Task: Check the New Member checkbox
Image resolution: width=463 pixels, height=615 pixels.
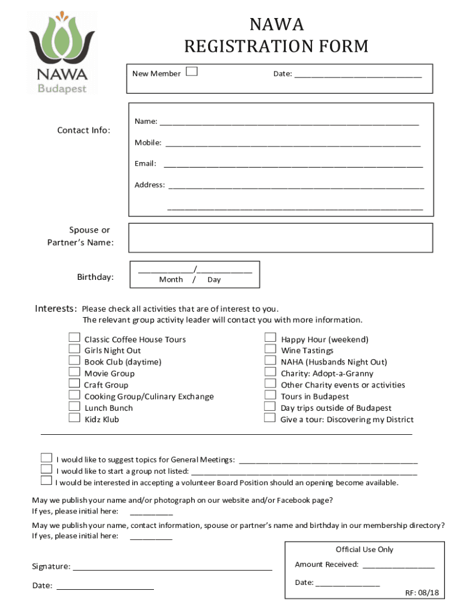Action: [x=192, y=72]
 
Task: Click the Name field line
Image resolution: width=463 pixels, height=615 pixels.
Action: [x=289, y=122]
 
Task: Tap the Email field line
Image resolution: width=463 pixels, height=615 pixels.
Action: [x=293, y=165]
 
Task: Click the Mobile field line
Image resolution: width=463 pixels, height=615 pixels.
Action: [x=293, y=144]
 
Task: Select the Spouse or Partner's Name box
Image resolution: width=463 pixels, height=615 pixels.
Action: [x=281, y=237]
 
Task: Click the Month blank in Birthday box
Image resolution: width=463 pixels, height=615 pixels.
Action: [x=166, y=271]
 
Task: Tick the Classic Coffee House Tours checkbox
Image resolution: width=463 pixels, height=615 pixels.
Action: [x=75, y=338]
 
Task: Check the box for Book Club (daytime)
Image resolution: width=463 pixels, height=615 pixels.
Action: [x=75, y=361]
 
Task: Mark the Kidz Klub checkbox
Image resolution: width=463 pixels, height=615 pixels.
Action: [x=75, y=418]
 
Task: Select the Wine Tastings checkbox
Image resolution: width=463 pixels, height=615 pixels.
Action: [x=271, y=349]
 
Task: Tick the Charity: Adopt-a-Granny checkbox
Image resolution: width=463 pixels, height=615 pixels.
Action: [x=271, y=372]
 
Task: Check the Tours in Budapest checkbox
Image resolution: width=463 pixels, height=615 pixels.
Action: [x=271, y=395]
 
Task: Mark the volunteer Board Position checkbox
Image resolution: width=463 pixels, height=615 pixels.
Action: [x=46, y=480]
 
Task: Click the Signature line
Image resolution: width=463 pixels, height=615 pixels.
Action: [x=172, y=567]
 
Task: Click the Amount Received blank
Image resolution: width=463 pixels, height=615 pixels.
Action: [x=398, y=565]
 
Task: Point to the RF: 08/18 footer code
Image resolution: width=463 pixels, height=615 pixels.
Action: [x=422, y=593]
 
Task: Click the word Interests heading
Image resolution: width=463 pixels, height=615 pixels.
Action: [x=55, y=309]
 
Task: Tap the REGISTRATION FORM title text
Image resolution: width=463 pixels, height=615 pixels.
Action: [x=276, y=46]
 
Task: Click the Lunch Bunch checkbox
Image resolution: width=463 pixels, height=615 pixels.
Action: [x=75, y=407]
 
